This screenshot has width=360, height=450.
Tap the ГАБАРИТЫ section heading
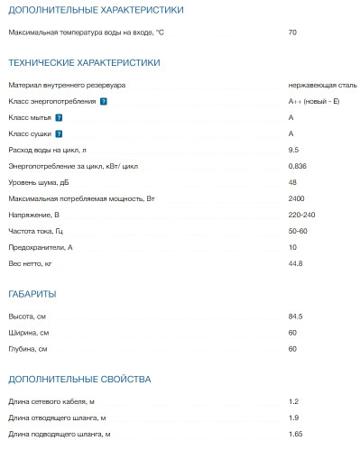pos(32,294)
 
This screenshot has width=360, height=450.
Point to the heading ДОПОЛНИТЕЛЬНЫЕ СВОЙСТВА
pos(79,379)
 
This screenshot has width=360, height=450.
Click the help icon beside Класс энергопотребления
pos(104,101)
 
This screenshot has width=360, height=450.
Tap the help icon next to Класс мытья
pos(60,118)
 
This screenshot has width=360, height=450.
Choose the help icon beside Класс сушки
pos(61,134)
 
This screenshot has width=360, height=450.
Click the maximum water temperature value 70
pos(292,32)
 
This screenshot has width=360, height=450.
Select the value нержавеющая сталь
pos(323,85)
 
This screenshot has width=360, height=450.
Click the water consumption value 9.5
pos(293,150)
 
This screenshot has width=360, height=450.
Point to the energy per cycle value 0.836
pos(297,167)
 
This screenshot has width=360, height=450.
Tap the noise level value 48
pos(292,182)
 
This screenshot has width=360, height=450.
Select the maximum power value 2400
pos(296,198)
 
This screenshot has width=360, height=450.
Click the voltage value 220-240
pos(302,215)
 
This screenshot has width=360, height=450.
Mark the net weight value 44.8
pos(295,263)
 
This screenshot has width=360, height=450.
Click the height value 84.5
pos(295,317)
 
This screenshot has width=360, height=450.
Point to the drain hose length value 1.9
pos(293,418)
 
